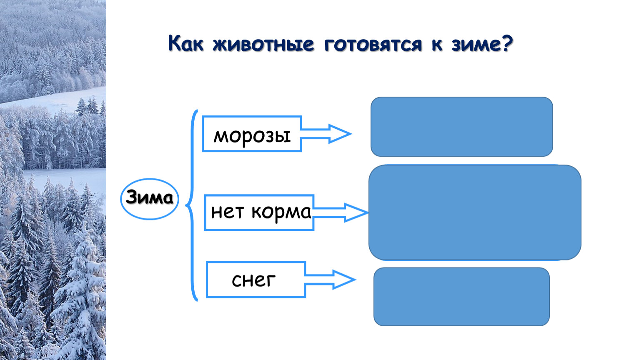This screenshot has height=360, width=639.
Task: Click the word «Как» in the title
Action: (186, 43)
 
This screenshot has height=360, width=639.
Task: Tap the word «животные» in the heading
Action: (263, 44)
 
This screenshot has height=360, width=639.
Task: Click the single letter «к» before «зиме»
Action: (437, 44)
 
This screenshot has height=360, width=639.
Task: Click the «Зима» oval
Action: (150, 198)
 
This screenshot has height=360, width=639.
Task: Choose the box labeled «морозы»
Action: (251, 134)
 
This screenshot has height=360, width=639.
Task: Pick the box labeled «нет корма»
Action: (259, 212)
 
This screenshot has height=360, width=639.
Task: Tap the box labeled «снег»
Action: (256, 280)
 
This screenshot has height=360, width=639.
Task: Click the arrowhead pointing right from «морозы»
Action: (340, 134)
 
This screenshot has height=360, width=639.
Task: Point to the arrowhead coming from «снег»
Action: (344, 280)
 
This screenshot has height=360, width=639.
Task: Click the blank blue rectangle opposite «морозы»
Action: (461, 127)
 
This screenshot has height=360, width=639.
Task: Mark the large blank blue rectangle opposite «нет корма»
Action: (475, 212)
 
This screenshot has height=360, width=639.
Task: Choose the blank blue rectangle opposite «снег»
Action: (461, 297)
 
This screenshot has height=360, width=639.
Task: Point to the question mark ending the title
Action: (507, 43)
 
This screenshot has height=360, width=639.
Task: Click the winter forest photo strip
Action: (53, 180)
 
